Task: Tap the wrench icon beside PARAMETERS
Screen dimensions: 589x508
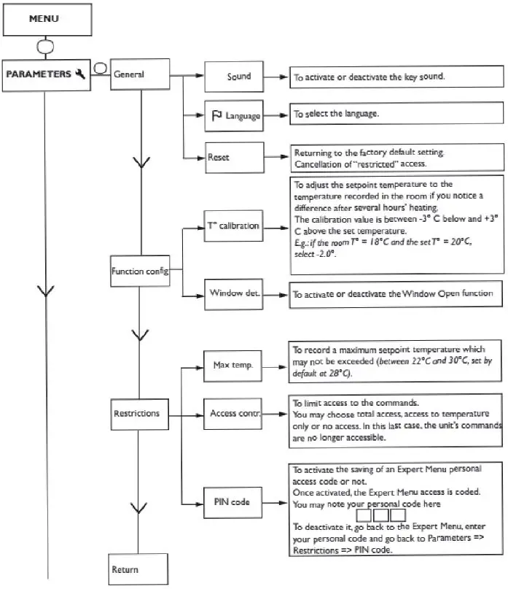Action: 80,74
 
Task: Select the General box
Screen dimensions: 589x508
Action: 141,74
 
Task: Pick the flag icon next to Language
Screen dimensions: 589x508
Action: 216,115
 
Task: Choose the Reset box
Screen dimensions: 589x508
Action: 232,156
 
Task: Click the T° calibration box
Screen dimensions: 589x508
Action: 232,226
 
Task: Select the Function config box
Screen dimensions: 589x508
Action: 140,272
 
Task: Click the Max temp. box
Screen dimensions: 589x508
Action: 232,364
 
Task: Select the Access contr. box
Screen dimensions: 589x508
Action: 232,413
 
